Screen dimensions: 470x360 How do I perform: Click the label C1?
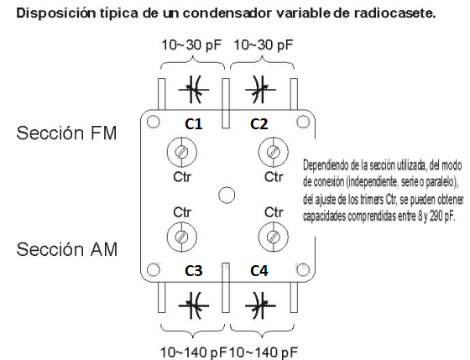point(194,124)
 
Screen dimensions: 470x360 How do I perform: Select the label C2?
point(259,124)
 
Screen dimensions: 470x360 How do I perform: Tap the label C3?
point(194,271)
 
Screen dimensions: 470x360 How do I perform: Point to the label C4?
point(259,271)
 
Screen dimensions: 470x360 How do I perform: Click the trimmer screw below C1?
point(181,152)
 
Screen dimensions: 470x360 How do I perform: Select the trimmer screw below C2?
point(273,152)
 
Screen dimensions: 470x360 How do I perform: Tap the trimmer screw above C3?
point(181,237)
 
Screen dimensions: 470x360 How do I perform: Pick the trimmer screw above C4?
point(273,237)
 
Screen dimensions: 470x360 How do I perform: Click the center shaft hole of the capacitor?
point(227,196)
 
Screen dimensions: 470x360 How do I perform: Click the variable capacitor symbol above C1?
point(194,89)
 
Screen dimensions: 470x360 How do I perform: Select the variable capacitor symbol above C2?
point(260,89)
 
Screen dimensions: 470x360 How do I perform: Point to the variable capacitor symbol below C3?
point(194,305)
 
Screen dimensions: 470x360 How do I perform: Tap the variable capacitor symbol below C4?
point(260,305)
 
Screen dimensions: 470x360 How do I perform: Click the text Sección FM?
point(66,133)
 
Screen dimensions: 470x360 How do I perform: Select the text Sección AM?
point(66,249)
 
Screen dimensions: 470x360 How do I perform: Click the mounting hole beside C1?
point(153,122)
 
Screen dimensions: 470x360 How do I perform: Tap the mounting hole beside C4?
point(303,269)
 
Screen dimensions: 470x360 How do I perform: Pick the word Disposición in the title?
point(56,13)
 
